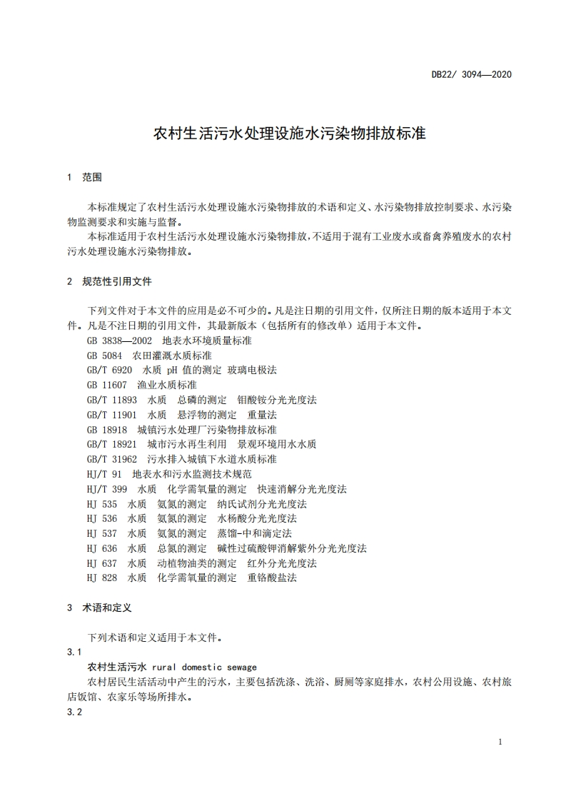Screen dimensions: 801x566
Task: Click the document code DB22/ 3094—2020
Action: (x=472, y=74)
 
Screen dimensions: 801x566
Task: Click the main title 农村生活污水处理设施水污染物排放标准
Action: (x=290, y=133)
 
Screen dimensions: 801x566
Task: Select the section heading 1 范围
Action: (x=84, y=176)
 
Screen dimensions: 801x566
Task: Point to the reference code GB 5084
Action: (x=105, y=355)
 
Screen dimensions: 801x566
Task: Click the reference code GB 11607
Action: (x=107, y=385)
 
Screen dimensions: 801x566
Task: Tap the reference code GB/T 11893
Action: (x=112, y=400)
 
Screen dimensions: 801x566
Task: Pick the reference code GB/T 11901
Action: (x=112, y=414)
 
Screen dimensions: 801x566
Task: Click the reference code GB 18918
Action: (x=107, y=429)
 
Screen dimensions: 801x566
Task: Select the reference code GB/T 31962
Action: (x=112, y=459)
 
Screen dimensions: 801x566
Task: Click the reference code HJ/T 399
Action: (x=107, y=488)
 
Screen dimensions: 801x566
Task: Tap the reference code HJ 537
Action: (x=102, y=533)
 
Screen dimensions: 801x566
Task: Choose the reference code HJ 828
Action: (x=102, y=578)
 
